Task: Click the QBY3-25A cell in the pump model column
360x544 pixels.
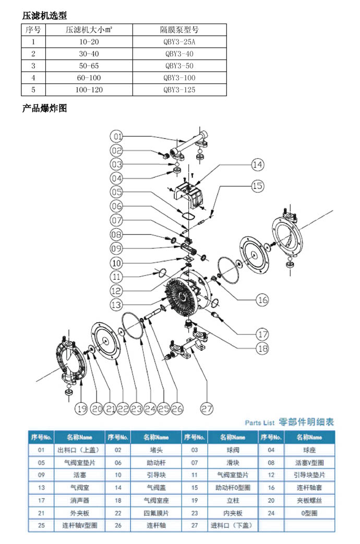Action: click(x=179, y=42)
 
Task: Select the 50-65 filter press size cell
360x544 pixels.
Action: click(x=88, y=66)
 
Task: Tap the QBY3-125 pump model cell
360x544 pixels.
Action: click(x=179, y=90)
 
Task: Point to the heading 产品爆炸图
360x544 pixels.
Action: click(x=44, y=109)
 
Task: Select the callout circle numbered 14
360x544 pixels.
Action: click(x=257, y=165)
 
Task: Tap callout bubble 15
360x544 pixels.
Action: click(x=257, y=186)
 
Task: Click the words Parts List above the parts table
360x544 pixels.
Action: click(x=259, y=422)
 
